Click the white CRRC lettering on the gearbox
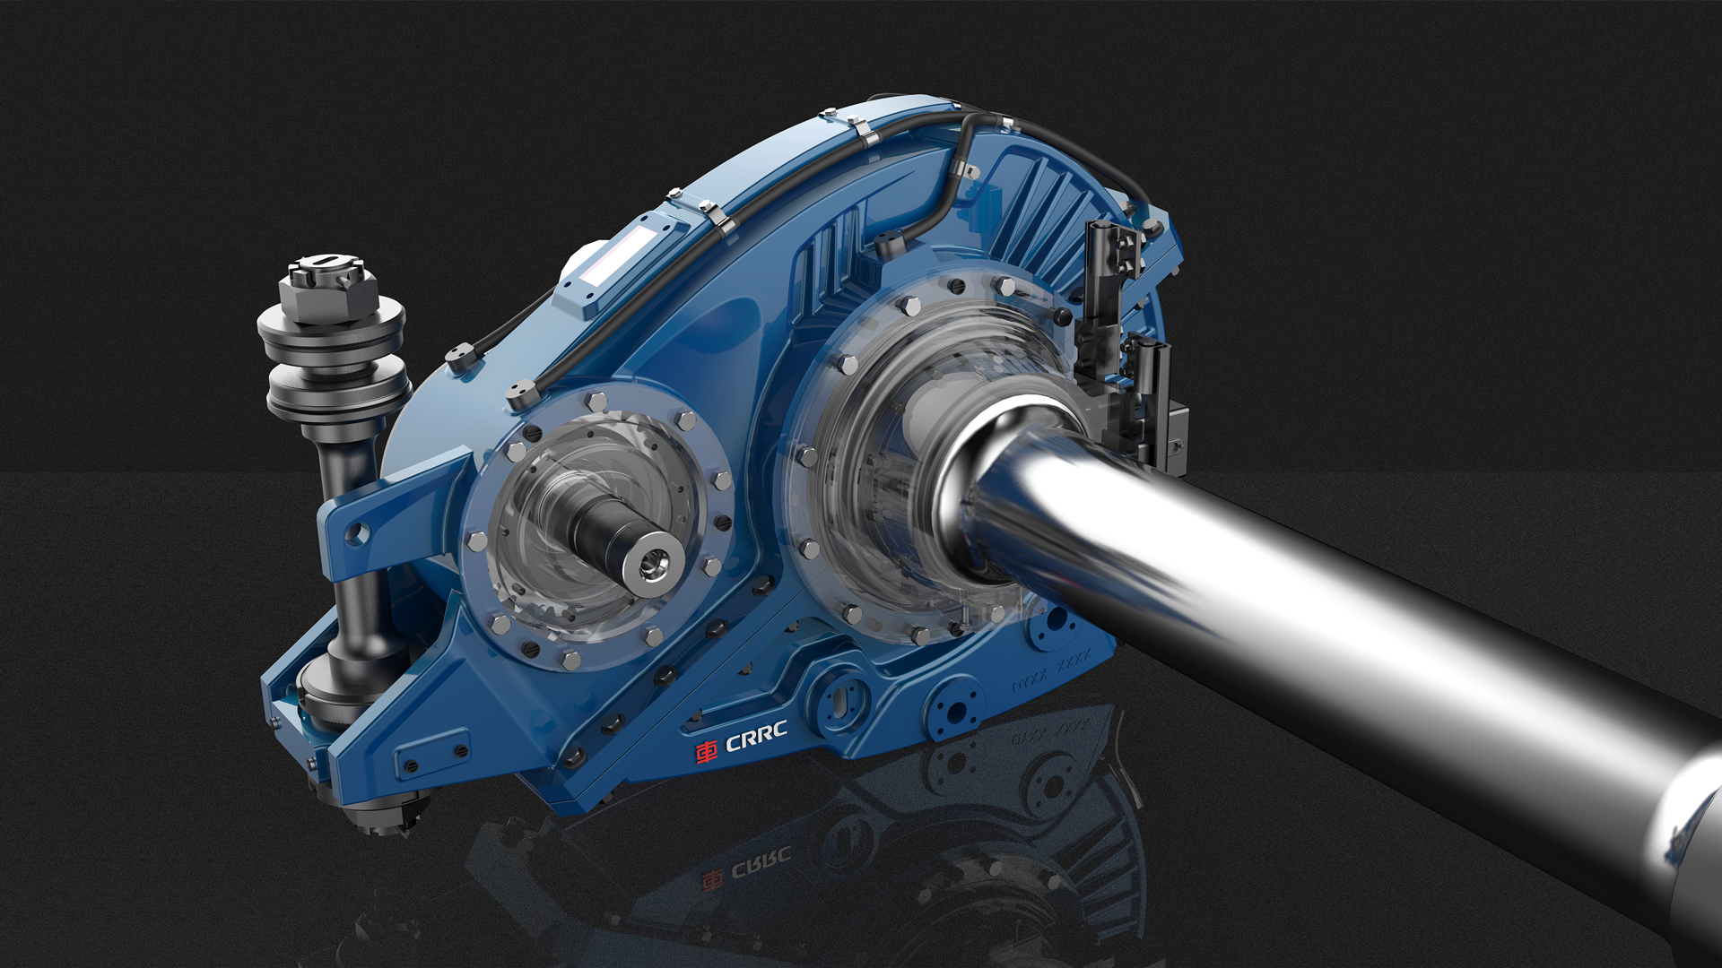(x=755, y=740)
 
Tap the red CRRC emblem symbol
(x=708, y=750)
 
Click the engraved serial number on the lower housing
(x=1051, y=673)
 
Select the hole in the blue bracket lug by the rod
(x=357, y=534)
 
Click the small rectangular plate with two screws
(x=432, y=757)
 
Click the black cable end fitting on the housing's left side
(x=459, y=358)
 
